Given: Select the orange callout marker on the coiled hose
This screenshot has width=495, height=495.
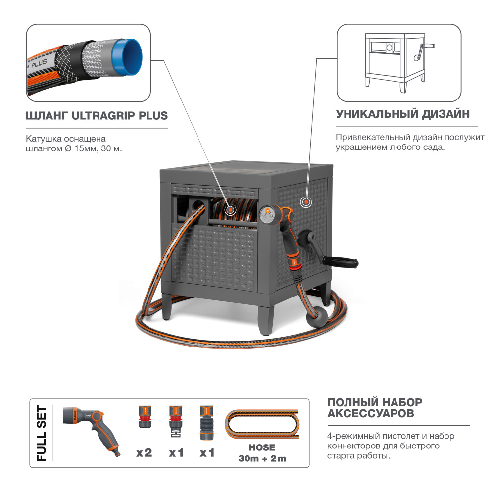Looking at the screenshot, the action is [x=230, y=209].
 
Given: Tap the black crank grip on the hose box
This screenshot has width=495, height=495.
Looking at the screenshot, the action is [x=341, y=262].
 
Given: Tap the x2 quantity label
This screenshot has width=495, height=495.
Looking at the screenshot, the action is [x=144, y=453].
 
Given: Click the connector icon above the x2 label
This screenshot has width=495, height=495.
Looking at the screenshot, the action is [x=145, y=417].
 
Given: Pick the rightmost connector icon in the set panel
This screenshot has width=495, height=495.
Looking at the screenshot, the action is [x=207, y=423].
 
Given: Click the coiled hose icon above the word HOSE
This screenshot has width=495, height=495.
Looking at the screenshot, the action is [x=262, y=424].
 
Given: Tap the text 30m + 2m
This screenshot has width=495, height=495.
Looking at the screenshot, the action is [x=262, y=458].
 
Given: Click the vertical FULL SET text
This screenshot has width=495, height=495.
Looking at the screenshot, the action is [x=42, y=433].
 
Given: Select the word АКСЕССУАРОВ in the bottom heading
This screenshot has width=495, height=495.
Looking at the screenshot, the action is [x=371, y=413].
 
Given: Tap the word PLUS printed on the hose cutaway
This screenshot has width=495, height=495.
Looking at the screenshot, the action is [x=39, y=63].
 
